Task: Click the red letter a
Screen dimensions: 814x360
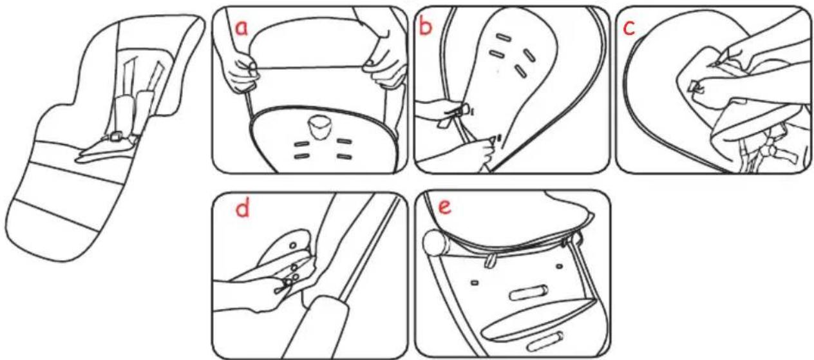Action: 241,28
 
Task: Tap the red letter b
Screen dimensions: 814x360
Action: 426,26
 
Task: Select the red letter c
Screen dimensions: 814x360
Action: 629,28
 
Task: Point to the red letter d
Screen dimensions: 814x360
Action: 242,209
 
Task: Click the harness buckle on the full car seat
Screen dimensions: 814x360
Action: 117,137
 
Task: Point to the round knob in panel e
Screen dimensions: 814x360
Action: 435,243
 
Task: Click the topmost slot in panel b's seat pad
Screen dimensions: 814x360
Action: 505,37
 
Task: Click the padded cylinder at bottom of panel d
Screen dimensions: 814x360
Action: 316,327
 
